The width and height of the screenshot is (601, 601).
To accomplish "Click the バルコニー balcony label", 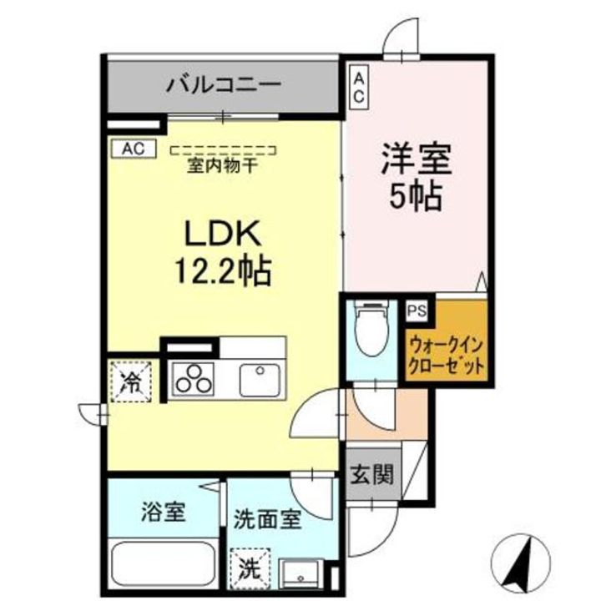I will pos(222,85).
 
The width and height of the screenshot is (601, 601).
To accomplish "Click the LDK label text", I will pos(223,232).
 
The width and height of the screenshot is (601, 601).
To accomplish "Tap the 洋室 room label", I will pos(416,159).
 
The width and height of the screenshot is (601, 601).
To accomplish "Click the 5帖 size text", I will pos(417,197).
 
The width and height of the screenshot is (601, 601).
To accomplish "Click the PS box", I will pos(416,311).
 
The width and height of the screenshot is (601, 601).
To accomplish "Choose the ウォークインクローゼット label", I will pos(446,353).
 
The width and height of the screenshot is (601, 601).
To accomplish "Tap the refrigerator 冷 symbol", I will pos(130,382).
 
